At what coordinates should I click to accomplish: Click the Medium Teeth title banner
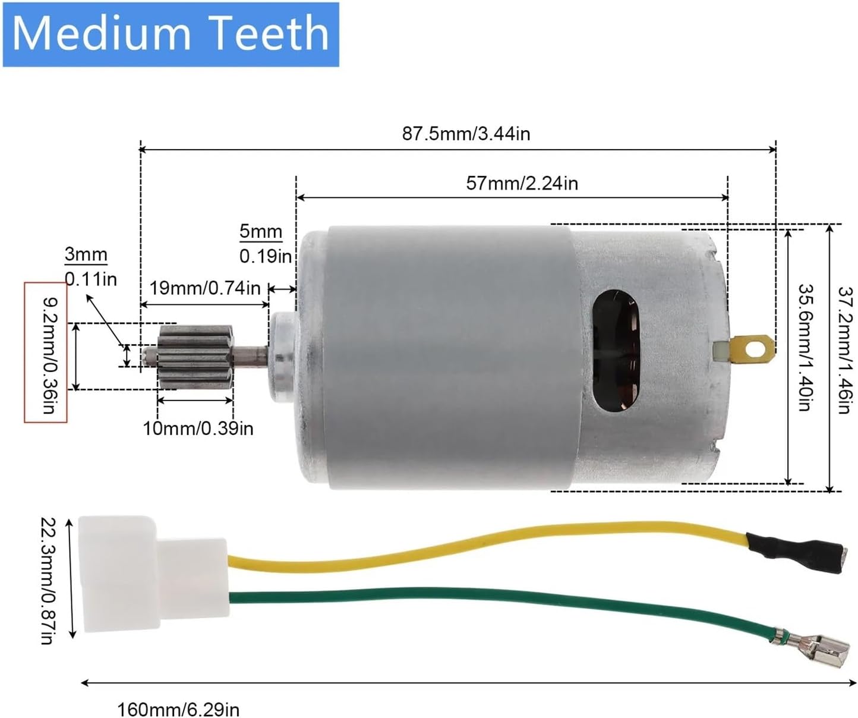[171, 34]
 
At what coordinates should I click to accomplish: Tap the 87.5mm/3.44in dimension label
[466, 133]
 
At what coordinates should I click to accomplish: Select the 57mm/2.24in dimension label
[522, 182]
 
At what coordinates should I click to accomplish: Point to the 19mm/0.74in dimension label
[204, 288]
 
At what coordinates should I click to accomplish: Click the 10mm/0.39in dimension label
[198, 428]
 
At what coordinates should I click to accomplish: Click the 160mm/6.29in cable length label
[178, 709]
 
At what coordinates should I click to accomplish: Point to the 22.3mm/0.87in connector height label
[47, 580]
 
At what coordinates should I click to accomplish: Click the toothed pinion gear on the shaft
[195, 357]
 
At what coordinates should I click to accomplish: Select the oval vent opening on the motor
[617, 351]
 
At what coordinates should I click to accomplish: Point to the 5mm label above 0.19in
[261, 231]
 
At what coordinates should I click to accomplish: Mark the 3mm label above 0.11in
[86, 254]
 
